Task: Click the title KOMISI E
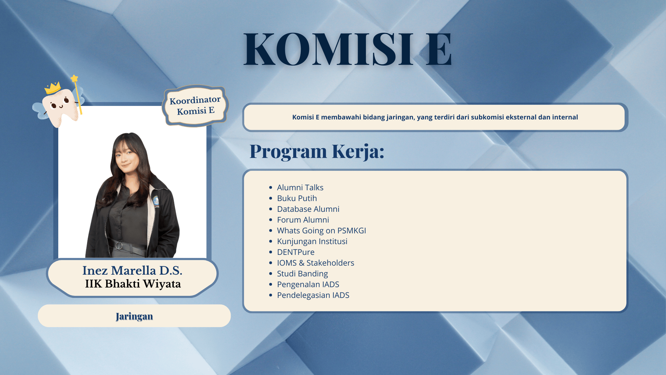(x=348, y=49)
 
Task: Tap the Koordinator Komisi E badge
(x=195, y=106)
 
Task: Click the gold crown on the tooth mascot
(x=53, y=88)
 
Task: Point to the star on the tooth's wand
(x=74, y=78)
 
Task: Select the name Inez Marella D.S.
(x=132, y=270)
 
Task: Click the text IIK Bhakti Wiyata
(x=133, y=284)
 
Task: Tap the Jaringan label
(x=134, y=316)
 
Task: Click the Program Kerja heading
(x=317, y=151)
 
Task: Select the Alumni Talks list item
(x=300, y=187)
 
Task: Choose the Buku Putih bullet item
(x=297, y=198)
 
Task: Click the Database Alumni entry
(x=308, y=209)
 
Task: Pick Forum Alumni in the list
(x=303, y=220)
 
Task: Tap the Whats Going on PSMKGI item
(x=322, y=231)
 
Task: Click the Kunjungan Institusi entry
(x=312, y=241)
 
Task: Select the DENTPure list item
(x=296, y=252)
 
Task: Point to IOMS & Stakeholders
(x=316, y=263)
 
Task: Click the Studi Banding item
(x=302, y=274)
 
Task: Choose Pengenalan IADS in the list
(x=308, y=284)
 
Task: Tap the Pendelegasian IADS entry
(x=313, y=295)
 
